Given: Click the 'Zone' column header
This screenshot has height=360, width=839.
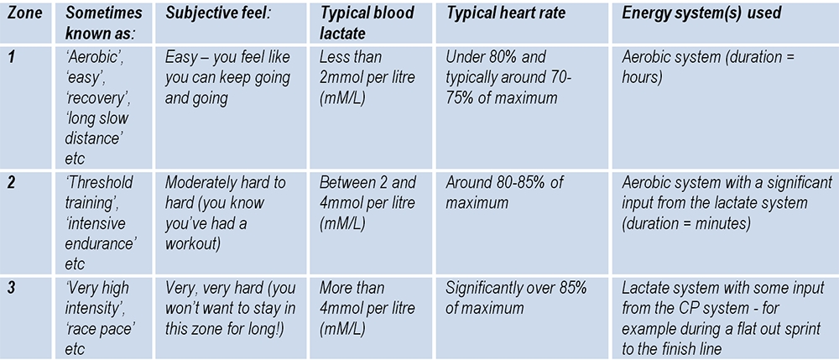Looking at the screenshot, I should click(21, 13).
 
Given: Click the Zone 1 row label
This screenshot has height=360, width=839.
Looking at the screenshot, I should click(11, 58).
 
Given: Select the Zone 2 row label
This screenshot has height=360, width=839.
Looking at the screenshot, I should click(12, 183).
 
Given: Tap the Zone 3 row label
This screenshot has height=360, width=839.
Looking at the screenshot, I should click(12, 288).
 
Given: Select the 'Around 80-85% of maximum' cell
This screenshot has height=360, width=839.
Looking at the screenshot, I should click(505, 193).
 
